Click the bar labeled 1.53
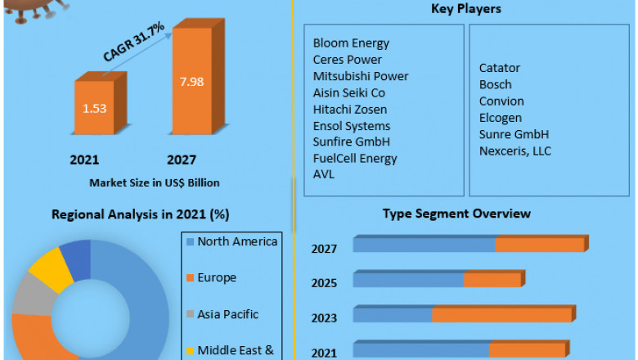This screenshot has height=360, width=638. coord(97,107)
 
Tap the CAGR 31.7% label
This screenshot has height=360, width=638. coord(134,43)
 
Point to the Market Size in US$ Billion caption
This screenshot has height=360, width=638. coord(154,182)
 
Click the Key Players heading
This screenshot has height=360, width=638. coord(465,9)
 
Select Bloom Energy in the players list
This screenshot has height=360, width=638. coord(351,43)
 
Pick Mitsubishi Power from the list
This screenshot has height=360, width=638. coord(361,76)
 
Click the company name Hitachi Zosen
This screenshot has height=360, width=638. coord(350,109)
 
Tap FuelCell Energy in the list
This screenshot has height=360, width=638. coord(355,158)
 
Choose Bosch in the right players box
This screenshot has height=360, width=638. coord(496,84)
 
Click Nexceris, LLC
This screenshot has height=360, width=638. coord(515,151)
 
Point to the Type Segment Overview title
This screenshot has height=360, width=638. coord(456,214)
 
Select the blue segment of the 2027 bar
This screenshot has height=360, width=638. coord(424,245)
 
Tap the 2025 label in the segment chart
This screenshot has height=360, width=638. coord(324,282)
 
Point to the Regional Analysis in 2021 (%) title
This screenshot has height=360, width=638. coord(140,214)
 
